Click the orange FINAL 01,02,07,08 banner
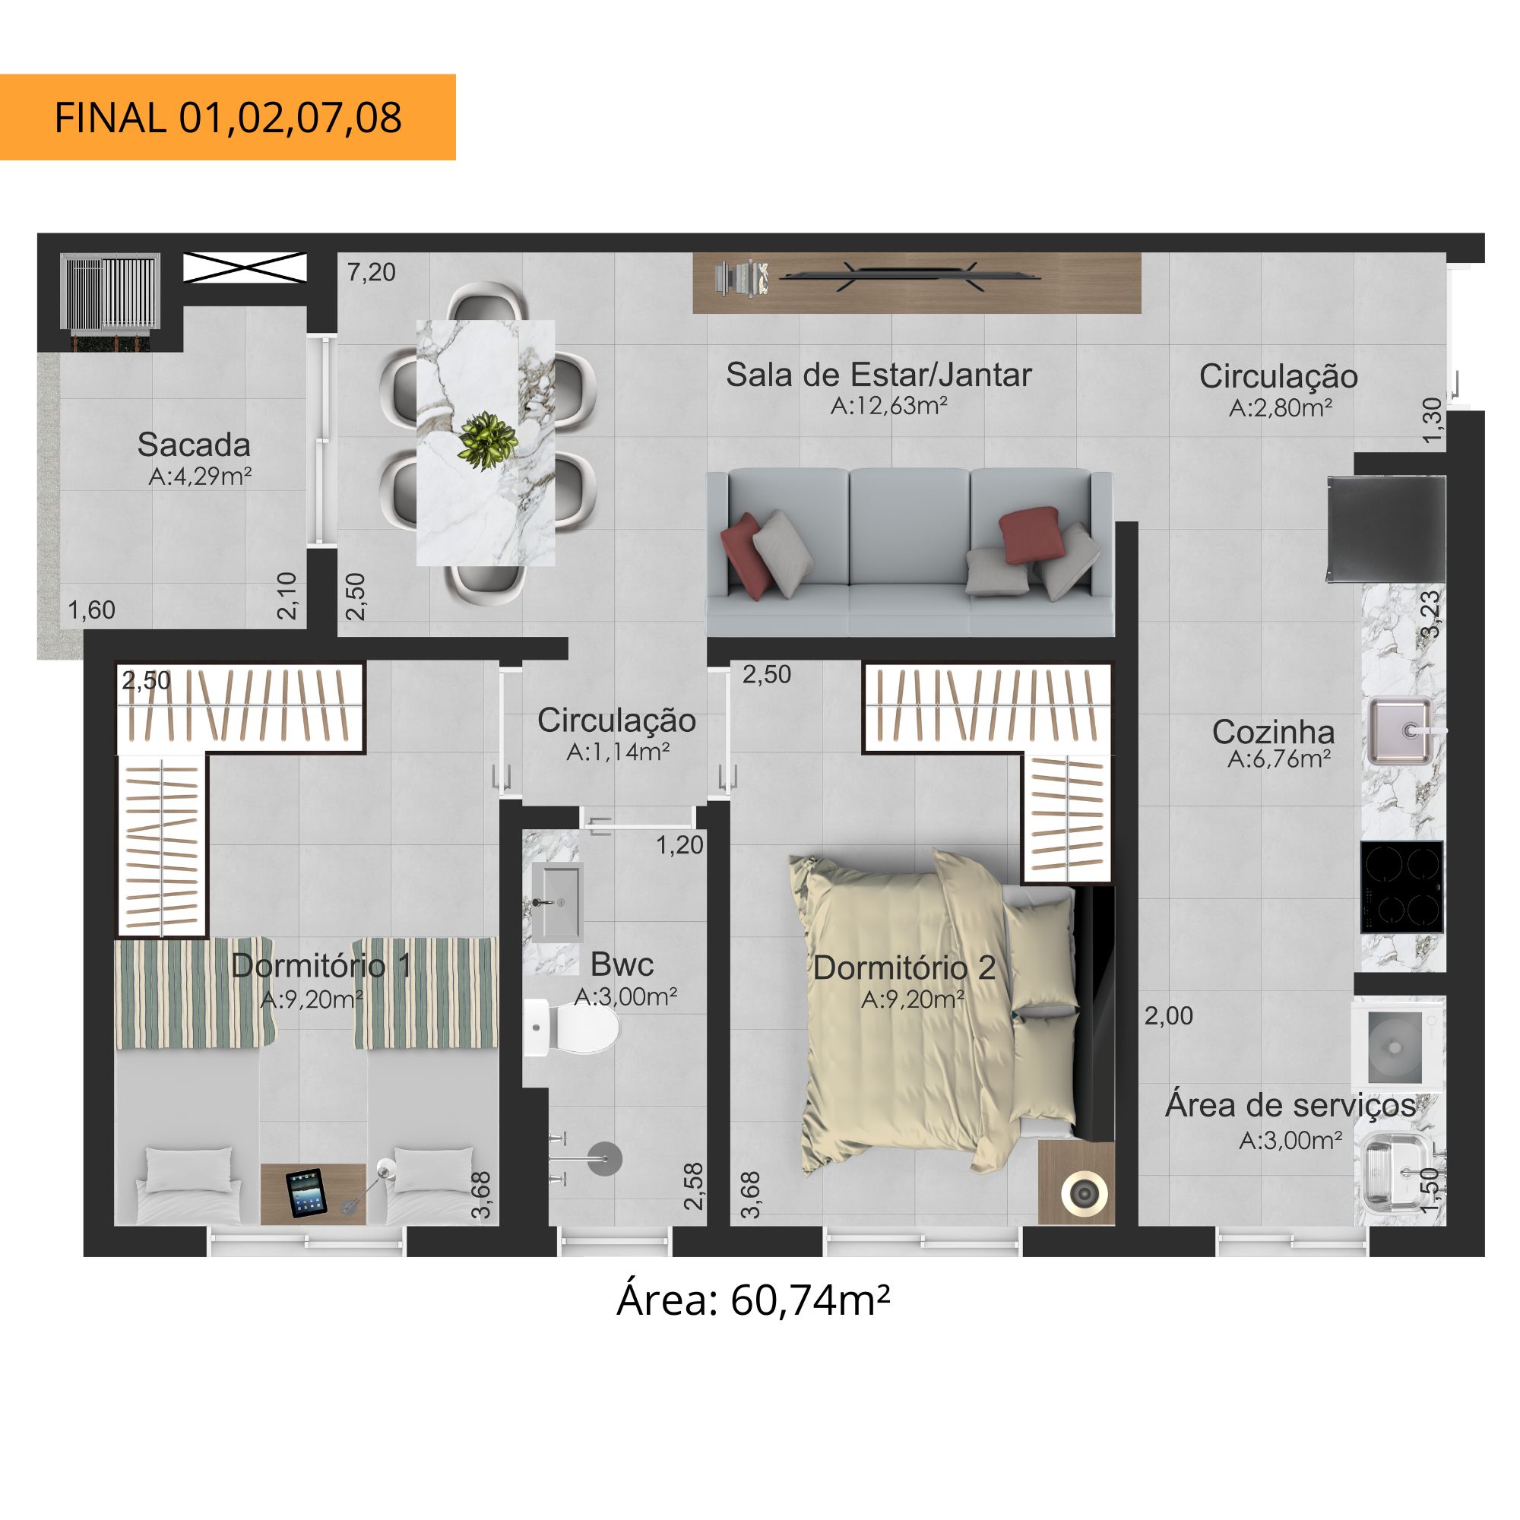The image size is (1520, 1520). [x=227, y=117]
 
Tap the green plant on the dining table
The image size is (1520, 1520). [x=487, y=441]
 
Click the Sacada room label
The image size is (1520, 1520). [x=194, y=445]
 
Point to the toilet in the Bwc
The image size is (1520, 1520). [x=572, y=1028]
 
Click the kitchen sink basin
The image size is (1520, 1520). [x=1401, y=732]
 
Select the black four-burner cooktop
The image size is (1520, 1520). [x=1402, y=888]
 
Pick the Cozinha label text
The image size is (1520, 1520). [x=1273, y=733]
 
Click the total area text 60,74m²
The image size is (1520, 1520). [x=810, y=1300]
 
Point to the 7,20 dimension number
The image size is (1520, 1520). [x=372, y=272]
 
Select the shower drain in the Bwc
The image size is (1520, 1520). [x=605, y=1159]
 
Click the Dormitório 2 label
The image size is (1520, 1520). [x=904, y=967]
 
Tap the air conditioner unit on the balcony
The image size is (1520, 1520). [x=111, y=292]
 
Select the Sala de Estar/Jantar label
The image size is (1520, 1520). [x=878, y=375]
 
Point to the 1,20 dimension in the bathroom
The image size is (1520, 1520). [x=679, y=846]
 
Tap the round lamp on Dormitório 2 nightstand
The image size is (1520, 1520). [x=1085, y=1193]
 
